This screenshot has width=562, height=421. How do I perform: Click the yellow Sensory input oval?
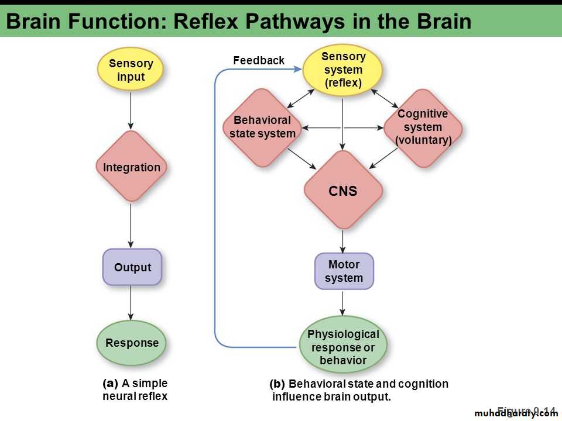click(131, 70)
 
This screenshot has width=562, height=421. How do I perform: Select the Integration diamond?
click(131, 167)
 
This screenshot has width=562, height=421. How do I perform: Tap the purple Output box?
click(132, 267)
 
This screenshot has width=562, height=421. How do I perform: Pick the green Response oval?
click(131, 343)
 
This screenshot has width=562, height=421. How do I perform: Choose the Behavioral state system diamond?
click(262, 127)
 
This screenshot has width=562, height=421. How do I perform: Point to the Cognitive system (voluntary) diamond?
click(423, 127)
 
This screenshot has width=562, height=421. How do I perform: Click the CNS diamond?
click(343, 190)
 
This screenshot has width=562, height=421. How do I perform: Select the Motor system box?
click(344, 271)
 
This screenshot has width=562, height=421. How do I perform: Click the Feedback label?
click(258, 60)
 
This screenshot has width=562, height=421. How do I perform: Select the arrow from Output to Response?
click(131, 303)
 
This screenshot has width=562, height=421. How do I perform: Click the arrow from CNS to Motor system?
click(343, 241)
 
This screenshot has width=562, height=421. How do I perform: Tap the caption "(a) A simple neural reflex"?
click(135, 390)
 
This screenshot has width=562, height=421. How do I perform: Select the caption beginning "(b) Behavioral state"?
click(359, 390)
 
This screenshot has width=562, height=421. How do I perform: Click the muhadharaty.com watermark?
click(516, 413)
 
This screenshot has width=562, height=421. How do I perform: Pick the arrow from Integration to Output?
click(131, 225)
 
